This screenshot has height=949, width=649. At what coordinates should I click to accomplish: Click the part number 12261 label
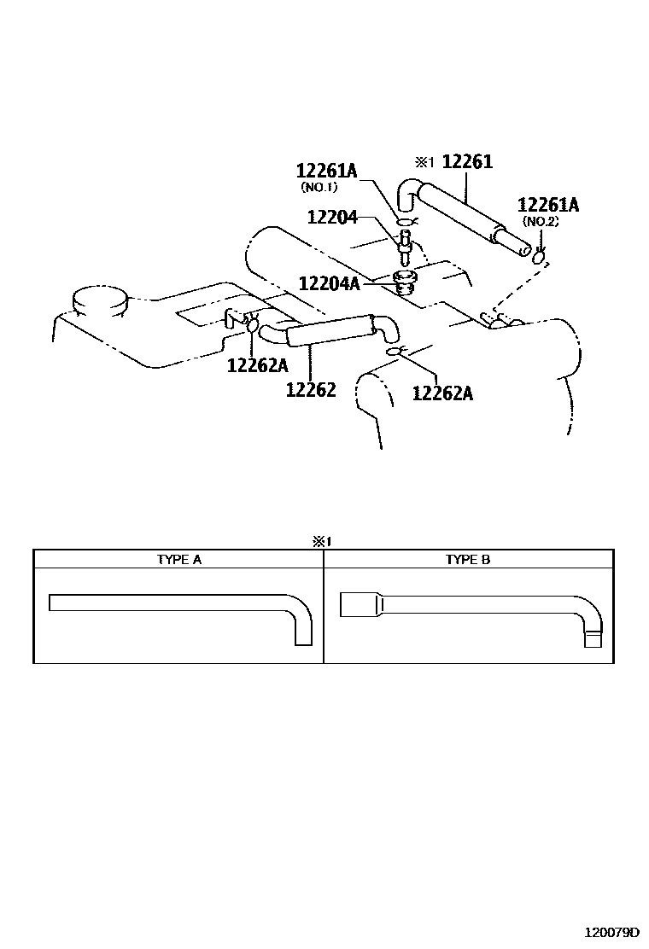tap(468, 162)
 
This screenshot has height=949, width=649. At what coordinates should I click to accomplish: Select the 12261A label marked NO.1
tap(330, 172)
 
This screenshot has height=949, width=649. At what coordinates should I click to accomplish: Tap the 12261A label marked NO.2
tap(548, 205)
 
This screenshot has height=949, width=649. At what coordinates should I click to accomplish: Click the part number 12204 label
tap(333, 218)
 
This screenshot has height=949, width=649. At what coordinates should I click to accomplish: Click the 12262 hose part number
tap(310, 390)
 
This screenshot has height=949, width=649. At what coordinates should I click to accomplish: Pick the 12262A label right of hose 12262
tap(442, 393)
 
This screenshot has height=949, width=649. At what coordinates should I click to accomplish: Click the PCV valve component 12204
tap(406, 249)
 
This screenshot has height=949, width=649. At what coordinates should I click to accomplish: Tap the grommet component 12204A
tap(405, 281)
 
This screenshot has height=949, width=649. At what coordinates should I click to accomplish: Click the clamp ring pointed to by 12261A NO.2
tap(539, 257)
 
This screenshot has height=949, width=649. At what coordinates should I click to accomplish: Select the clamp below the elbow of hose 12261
tap(406, 224)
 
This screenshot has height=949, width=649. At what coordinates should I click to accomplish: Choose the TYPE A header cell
tap(178, 560)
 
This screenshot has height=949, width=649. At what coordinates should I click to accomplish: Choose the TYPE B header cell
tap(468, 560)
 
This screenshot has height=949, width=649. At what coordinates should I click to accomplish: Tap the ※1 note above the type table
tap(321, 541)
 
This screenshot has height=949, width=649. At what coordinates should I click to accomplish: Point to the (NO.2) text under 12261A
tap(541, 221)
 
